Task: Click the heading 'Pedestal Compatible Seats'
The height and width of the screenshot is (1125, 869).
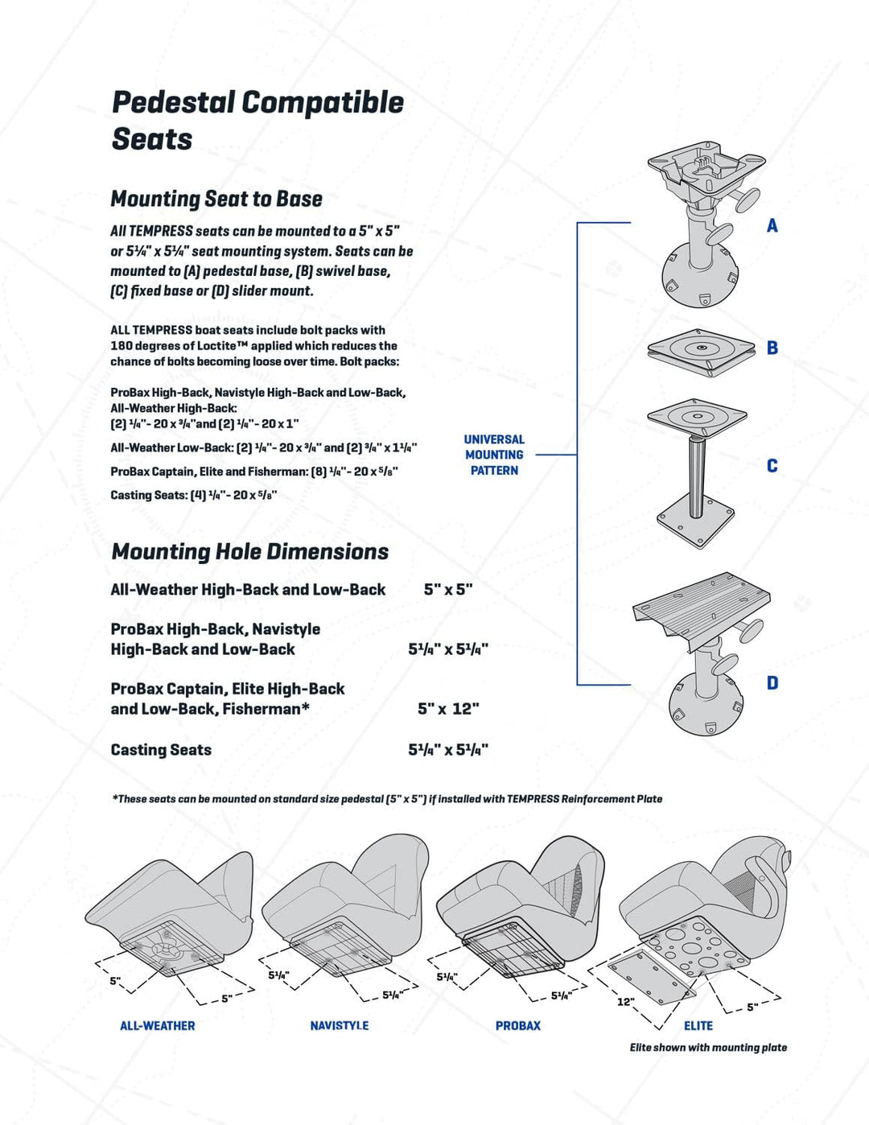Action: [x=257, y=120]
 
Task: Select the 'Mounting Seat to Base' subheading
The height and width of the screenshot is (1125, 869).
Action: [x=216, y=199]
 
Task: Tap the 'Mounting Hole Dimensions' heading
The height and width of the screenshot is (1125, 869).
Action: [x=249, y=552]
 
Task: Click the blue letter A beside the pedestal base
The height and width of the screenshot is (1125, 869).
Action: [x=772, y=226]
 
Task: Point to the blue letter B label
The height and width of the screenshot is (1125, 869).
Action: [x=772, y=348]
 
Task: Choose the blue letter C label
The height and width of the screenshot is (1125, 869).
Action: [x=772, y=466]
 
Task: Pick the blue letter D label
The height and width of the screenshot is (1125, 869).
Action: [x=772, y=683]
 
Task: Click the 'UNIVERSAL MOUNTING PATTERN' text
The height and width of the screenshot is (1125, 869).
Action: [x=494, y=455]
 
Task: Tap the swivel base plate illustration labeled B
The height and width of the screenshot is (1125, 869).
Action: [x=701, y=349]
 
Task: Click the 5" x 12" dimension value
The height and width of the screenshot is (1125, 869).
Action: [x=448, y=709]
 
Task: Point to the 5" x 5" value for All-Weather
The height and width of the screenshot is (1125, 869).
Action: [x=448, y=590]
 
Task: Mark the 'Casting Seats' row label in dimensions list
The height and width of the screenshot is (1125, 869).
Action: [x=161, y=750]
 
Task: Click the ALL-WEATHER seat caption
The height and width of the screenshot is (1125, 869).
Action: [x=158, y=1026]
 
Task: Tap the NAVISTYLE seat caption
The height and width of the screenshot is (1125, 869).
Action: [x=340, y=1026]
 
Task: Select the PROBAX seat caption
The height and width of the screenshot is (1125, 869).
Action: [x=518, y=1026]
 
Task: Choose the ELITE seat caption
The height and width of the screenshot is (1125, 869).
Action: [x=698, y=1026]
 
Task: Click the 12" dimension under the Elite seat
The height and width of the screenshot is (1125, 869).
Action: [x=625, y=1002]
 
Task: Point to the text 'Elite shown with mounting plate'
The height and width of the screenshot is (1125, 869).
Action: [x=708, y=1048]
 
